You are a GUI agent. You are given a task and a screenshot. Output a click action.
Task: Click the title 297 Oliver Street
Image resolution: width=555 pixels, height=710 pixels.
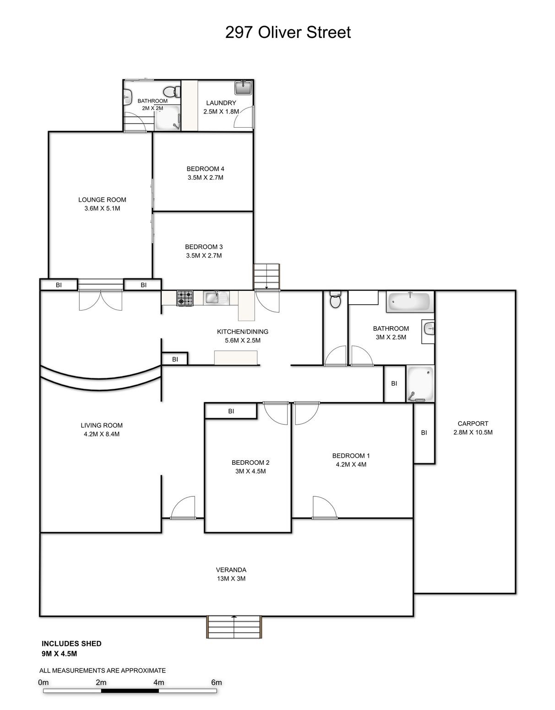(288, 32)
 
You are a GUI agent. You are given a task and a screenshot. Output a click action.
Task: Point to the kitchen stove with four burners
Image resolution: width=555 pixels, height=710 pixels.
(185, 298)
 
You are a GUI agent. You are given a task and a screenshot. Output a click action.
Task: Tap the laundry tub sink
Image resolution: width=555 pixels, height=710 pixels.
(243, 87)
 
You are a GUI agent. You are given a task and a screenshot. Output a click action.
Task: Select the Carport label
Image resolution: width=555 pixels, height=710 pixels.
(473, 424)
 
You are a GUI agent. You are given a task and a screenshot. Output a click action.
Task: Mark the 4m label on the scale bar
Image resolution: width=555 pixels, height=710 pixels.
(158, 682)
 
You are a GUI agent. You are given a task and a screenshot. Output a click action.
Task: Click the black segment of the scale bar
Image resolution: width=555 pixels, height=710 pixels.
(130, 691)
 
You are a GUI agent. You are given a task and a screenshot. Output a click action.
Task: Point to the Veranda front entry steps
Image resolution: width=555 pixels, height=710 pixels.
(234, 627)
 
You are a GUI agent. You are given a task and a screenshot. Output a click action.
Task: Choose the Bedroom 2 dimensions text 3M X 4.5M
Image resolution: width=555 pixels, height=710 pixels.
(250, 471)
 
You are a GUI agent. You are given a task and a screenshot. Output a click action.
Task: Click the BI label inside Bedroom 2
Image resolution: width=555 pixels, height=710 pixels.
(231, 411)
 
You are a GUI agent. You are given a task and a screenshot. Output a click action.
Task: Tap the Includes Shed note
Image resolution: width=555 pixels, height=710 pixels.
(71, 644)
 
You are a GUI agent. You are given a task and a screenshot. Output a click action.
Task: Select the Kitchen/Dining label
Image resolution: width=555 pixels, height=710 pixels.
(243, 332)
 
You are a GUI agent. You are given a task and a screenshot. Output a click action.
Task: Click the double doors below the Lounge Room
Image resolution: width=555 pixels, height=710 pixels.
(100, 299)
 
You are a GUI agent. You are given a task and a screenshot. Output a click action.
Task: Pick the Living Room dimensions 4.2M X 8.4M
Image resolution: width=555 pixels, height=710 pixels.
(102, 434)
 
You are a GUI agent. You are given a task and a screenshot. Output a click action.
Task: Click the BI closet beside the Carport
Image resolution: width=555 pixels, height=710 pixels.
(424, 433)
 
